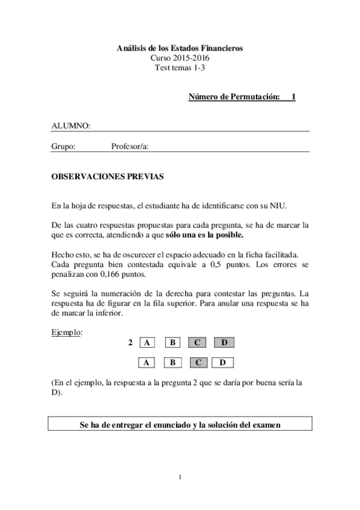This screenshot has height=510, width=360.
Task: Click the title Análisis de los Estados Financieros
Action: point(180,48)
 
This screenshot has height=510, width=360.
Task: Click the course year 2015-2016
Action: point(180,58)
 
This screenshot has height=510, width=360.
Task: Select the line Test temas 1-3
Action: point(180,67)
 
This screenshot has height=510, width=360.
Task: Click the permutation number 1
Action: point(293,96)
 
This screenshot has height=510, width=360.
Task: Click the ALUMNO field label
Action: point(71,126)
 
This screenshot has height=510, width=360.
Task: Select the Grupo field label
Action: point(63,146)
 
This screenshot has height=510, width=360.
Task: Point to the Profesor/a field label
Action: point(130,146)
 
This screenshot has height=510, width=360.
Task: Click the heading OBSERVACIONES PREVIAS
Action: point(107,177)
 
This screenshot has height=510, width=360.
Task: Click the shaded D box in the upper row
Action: point(224,343)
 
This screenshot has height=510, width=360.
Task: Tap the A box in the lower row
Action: point(147,363)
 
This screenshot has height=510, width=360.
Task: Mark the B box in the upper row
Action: point(172,343)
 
